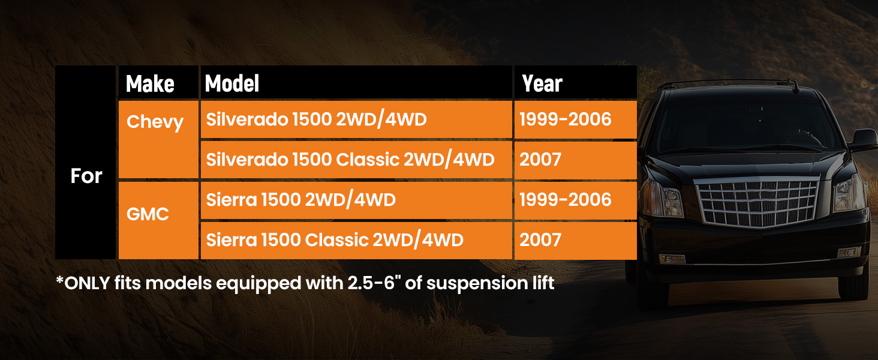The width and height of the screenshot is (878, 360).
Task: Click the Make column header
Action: point(158,82)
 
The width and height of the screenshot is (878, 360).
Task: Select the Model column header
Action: point(356,82)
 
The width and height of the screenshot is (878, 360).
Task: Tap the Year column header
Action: point(575,82)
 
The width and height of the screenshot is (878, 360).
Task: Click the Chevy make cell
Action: point(158,139)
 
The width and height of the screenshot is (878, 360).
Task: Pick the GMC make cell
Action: point(158,220)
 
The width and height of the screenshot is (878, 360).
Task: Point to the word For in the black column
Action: point(86,176)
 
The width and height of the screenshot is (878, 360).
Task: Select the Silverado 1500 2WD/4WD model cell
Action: point(356,119)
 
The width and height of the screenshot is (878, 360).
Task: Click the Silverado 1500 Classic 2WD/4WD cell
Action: point(356,160)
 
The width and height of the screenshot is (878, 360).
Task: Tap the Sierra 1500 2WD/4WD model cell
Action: point(356,200)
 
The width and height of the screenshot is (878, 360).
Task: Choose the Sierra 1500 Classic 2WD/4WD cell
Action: point(356,240)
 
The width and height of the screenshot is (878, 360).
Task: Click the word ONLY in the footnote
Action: point(87,283)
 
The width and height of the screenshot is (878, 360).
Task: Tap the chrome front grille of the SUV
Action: point(758,202)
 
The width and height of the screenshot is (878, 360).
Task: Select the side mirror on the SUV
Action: point(864,140)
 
